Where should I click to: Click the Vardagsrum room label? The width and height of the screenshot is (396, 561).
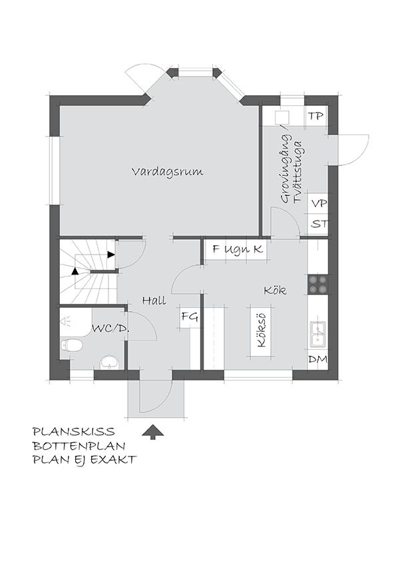tap(168, 172)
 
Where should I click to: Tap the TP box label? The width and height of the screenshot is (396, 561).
tap(315, 116)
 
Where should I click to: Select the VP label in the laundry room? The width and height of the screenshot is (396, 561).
tap(319, 204)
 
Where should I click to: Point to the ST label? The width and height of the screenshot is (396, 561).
tap(319, 225)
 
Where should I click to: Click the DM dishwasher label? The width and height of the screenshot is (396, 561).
tap(317, 359)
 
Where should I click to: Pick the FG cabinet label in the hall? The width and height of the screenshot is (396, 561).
tap(190, 316)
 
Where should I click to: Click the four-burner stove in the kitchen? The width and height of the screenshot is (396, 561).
tap(317, 284)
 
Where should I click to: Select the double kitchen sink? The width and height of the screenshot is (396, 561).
tap(317, 334)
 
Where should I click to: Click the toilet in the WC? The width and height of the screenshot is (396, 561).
tap(71, 345)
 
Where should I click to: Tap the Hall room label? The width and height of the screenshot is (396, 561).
tap(154, 300)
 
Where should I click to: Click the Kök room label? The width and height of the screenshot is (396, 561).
tap(275, 290)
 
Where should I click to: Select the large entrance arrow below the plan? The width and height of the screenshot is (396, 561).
tap(153, 432)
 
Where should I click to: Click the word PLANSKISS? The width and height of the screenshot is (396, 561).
tap(74, 431)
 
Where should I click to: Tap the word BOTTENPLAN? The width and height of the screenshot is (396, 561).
tap(79, 446)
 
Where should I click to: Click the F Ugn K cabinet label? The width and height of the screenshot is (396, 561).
tap(238, 249)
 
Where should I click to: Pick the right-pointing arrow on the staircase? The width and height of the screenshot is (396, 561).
tap(112, 255)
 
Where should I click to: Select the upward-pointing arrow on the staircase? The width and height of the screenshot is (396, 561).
tap(75, 271)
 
